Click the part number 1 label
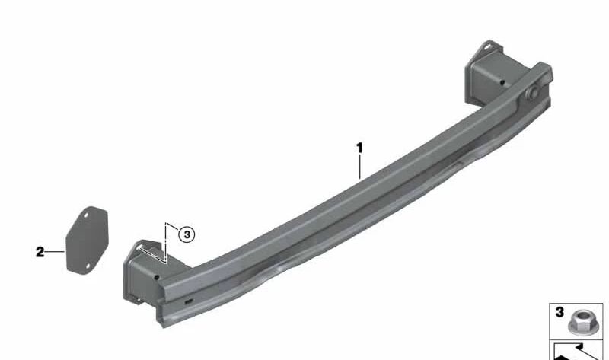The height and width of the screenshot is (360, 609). [x=359, y=148]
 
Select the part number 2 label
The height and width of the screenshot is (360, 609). [x=40, y=252]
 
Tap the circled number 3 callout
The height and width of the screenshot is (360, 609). [x=187, y=234]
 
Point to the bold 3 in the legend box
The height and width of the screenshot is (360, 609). [x=560, y=312]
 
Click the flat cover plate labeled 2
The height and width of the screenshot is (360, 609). [x=87, y=241]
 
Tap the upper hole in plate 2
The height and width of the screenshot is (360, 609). [x=86, y=215]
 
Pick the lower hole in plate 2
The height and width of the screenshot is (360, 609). [x=88, y=266]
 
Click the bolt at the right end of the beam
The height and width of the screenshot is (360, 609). [x=534, y=92]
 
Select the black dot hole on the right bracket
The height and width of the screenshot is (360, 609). [x=502, y=82]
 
